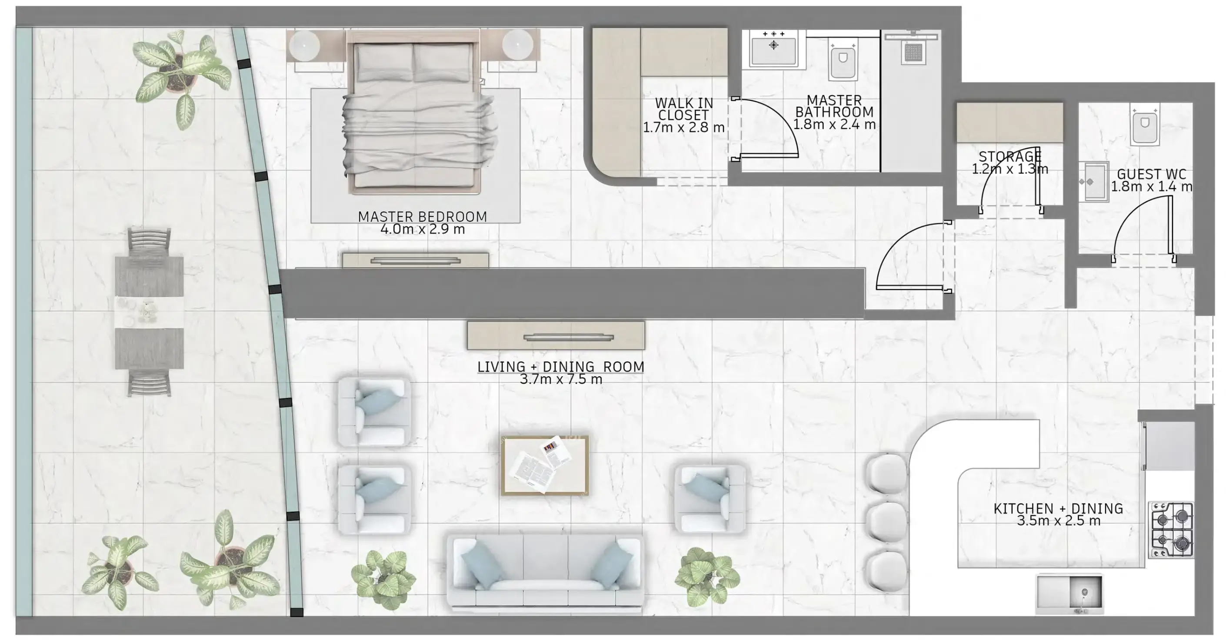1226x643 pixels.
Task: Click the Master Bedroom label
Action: tap(422, 217)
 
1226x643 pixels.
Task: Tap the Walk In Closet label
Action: tap(684, 109)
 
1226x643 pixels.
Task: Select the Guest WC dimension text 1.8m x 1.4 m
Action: tap(1151, 187)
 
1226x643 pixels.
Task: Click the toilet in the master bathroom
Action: tap(843, 60)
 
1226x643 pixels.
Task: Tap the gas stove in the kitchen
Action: tap(1172, 529)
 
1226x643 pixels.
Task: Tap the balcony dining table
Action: tap(149, 312)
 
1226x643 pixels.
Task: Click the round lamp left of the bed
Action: tap(305, 45)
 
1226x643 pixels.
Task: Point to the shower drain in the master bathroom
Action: tap(913, 53)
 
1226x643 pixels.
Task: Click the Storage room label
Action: tap(1010, 156)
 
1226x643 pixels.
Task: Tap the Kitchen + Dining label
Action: tap(1058, 508)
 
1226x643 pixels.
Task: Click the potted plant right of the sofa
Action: tap(707, 577)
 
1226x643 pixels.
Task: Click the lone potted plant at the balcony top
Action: tap(176, 76)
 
